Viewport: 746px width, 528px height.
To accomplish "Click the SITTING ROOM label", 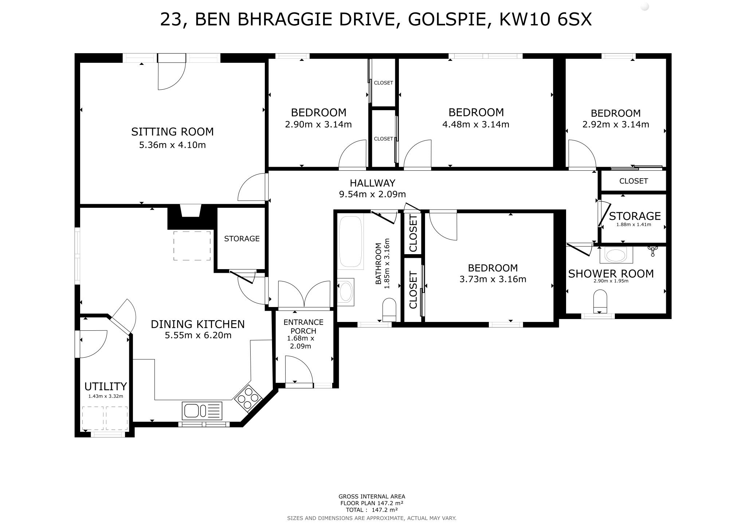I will point(172,132).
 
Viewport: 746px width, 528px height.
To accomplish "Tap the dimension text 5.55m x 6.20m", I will point(198,335).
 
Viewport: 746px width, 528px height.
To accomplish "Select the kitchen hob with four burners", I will point(248,398).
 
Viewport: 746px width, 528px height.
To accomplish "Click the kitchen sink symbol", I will point(202,411).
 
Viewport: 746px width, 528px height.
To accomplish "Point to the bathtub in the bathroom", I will point(351,241).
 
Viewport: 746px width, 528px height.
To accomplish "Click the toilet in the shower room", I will point(600,301).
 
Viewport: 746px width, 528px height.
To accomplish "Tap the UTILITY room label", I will point(105,386).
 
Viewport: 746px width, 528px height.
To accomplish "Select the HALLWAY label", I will point(372,183).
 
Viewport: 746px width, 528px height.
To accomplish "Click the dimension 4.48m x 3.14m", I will point(475,125).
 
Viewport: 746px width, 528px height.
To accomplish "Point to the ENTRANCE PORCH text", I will point(303,326).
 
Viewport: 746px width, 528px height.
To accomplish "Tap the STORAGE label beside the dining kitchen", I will point(242,238).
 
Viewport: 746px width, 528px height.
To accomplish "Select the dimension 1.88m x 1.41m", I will point(633,225).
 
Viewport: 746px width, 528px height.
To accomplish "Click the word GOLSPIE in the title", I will point(447,19).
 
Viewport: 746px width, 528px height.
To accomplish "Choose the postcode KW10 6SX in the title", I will point(545,19).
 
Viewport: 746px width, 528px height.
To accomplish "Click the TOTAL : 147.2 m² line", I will point(372,510).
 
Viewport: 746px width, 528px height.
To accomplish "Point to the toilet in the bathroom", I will point(389,309).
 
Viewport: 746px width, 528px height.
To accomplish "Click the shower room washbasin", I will point(616,255).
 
